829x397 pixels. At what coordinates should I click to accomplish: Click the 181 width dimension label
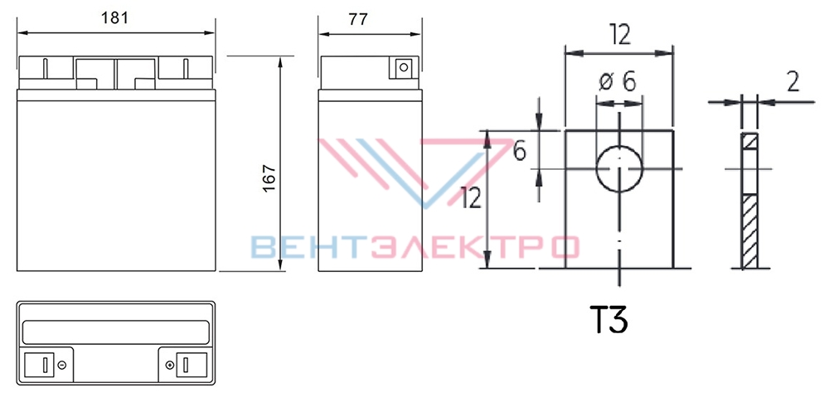(114, 18)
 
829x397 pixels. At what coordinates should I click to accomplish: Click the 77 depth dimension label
(358, 19)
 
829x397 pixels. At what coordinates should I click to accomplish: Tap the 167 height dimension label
(269, 179)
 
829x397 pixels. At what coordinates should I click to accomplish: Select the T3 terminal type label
(610, 320)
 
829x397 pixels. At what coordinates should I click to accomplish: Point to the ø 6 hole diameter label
(617, 82)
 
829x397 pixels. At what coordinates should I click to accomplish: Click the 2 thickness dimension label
(793, 82)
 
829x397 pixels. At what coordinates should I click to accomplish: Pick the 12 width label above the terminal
(619, 36)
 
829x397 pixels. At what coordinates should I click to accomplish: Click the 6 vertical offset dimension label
(520, 151)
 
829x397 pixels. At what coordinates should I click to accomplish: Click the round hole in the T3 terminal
(619, 169)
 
